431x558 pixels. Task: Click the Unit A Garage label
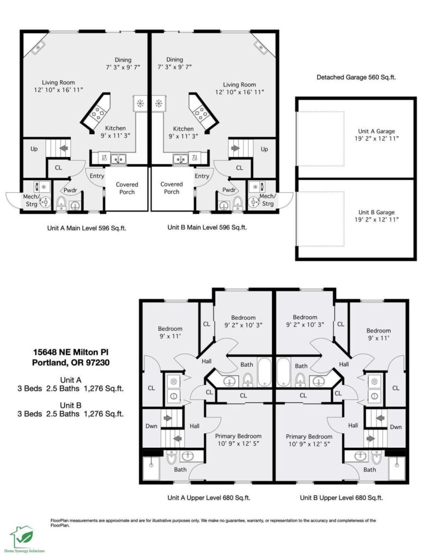[377, 135]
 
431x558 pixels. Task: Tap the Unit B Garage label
[377, 216]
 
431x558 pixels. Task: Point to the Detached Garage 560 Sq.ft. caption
[356, 77]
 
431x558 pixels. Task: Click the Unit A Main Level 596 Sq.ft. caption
[87, 228]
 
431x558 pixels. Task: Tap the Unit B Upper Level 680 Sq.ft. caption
[341, 498]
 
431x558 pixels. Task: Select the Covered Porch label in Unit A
[127, 188]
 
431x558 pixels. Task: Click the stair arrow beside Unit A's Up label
[64, 148]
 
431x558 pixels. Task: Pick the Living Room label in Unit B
[240, 88]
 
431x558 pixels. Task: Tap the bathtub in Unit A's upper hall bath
[264, 372]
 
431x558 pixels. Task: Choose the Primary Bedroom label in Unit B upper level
[309, 440]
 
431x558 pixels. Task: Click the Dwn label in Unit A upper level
[151, 426]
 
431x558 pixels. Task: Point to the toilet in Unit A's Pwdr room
[61, 203]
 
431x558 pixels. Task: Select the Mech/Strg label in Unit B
[268, 199]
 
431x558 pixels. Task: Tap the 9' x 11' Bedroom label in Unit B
[379, 334]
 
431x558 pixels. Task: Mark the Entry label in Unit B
[202, 176]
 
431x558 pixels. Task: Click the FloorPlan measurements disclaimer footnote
[213, 523]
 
